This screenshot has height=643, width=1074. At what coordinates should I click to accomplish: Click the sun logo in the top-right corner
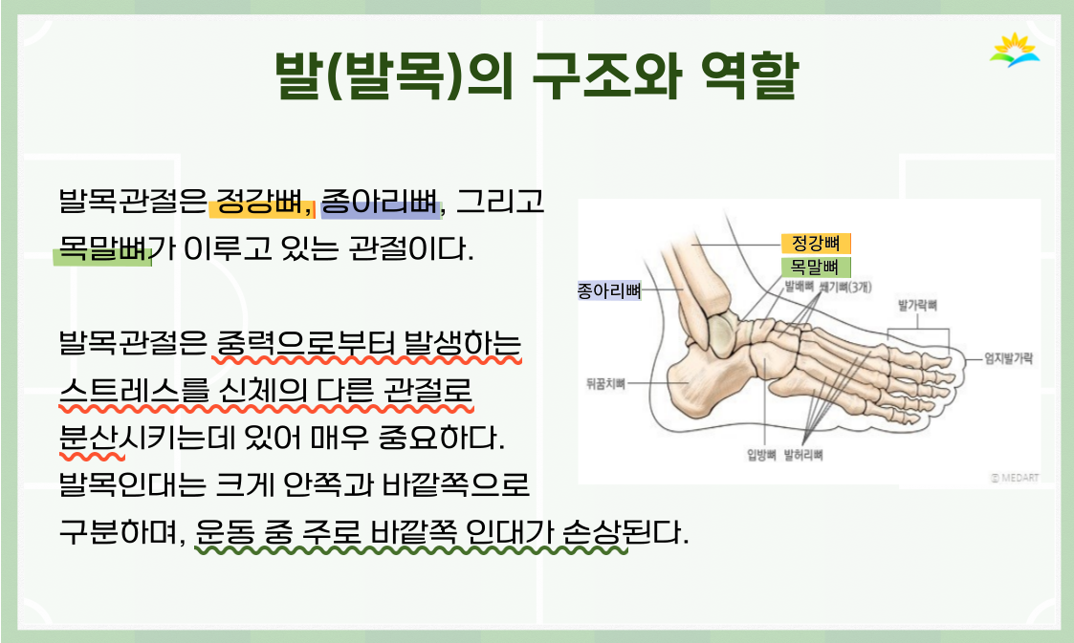click(x=1015, y=51)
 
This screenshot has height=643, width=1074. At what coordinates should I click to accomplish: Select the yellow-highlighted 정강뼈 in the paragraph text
click(x=259, y=202)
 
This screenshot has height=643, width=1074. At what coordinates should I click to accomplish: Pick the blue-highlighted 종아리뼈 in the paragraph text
click(x=380, y=202)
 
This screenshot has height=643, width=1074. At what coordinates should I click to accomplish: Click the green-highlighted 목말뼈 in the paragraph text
click(x=103, y=248)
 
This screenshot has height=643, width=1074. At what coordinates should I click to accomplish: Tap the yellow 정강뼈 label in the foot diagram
click(x=816, y=243)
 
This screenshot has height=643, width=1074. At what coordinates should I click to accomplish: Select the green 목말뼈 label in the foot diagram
click(x=816, y=267)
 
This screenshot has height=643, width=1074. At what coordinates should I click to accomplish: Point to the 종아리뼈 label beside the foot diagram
click(x=609, y=291)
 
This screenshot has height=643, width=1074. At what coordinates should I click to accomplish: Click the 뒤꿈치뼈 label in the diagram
click(x=605, y=384)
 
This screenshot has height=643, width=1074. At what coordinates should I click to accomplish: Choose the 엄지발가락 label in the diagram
click(x=1008, y=357)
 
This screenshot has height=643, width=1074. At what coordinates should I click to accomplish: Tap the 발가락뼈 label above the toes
click(x=917, y=305)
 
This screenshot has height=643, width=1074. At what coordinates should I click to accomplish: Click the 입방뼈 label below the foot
click(x=761, y=455)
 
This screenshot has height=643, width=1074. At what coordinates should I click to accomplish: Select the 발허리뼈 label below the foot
click(x=803, y=455)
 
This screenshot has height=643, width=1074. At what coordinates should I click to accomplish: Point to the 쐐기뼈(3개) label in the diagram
click(x=845, y=288)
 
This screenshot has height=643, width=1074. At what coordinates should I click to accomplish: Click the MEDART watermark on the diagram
click(x=1015, y=478)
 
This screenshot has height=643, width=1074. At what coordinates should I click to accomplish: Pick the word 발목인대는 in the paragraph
click(x=132, y=485)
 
